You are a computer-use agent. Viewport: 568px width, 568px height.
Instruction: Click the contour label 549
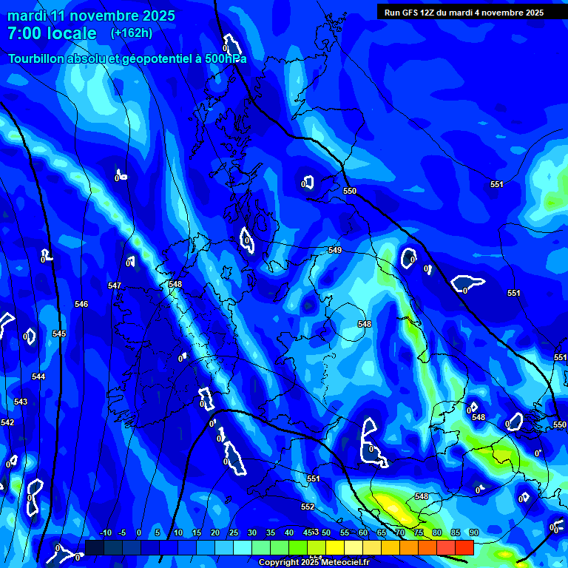[x=335, y=251]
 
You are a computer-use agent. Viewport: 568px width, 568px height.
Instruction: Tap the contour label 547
[x=114, y=285]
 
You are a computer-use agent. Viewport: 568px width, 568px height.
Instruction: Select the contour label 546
[x=81, y=304]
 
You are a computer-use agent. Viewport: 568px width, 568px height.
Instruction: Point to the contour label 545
[x=59, y=334]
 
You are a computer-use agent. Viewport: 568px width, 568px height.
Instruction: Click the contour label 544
[x=38, y=376]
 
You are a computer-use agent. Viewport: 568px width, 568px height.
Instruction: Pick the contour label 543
[x=21, y=402]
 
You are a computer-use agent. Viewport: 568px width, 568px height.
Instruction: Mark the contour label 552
[x=308, y=507]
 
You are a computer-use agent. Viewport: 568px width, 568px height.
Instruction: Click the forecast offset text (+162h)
[x=132, y=33]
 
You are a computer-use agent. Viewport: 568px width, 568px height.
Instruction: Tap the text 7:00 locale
[x=52, y=33]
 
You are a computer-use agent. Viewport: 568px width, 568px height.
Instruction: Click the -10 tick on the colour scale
[x=105, y=532]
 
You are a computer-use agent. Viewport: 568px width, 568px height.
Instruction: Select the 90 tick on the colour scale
[x=473, y=532]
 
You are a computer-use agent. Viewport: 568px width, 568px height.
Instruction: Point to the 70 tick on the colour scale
[x=399, y=532]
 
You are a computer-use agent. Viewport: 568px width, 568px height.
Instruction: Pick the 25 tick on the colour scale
[x=234, y=532]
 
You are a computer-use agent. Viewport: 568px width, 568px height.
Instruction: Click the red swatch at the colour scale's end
[x=464, y=547]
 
